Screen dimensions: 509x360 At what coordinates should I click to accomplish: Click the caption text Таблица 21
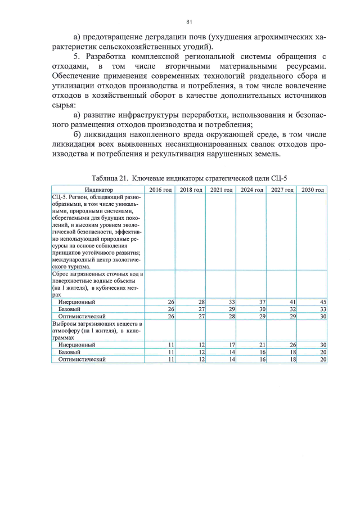[x=111, y=178]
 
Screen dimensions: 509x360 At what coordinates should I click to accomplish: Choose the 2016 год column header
[x=160, y=190]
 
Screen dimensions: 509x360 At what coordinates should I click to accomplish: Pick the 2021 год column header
[x=221, y=190]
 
